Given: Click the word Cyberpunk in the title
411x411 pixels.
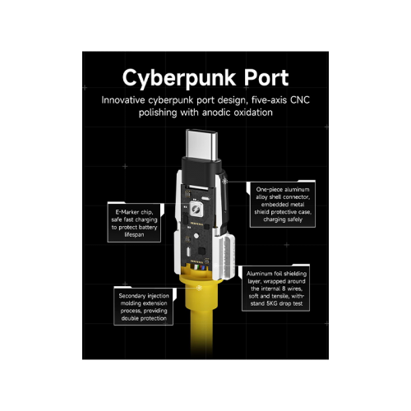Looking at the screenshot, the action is [x=179, y=78].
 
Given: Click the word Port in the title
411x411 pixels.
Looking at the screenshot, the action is [x=266, y=78].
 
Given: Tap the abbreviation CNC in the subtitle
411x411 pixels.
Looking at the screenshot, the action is [x=300, y=100].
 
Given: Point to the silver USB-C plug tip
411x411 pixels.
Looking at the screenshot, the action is [x=201, y=145].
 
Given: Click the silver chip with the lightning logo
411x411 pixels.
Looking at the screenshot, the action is [x=196, y=210].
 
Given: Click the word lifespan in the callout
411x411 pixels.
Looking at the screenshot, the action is [x=134, y=234].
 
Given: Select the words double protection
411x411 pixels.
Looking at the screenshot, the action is [x=144, y=318].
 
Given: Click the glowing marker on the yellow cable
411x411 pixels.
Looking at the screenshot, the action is [x=200, y=288].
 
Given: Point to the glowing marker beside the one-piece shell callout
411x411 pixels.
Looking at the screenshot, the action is [x=225, y=181].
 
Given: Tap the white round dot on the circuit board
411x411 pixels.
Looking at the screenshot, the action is [x=196, y=236].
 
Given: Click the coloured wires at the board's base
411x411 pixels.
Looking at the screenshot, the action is [x=198, y=268].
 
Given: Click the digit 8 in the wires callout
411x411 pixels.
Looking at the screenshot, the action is [x=284, y=289].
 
